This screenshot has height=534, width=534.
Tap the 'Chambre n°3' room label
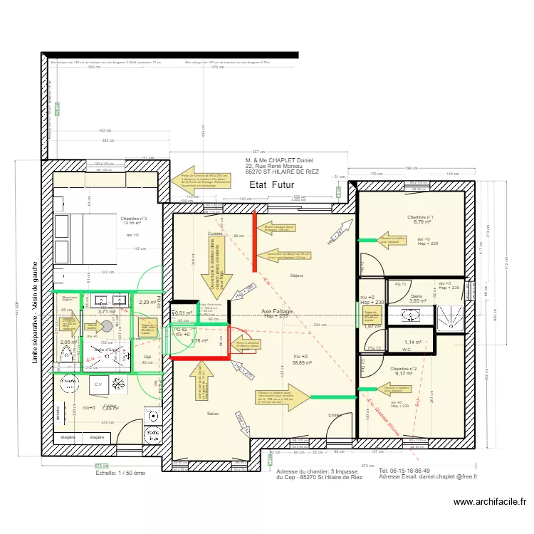[134, 219]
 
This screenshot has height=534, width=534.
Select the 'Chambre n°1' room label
[421, 217]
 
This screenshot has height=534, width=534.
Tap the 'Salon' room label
[213, 414]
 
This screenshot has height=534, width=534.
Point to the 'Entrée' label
[334, 415]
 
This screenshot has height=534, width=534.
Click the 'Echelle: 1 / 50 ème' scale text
[120, 471]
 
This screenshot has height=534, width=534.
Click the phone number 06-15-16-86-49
[404, 471]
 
